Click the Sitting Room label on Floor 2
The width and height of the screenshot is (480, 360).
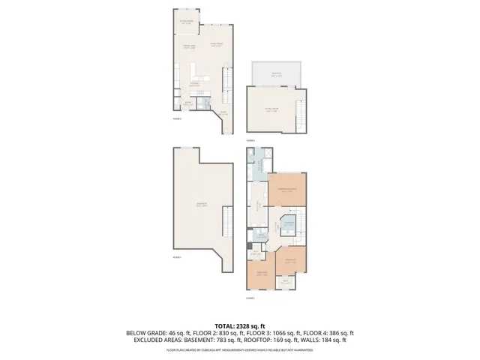pos(186,22)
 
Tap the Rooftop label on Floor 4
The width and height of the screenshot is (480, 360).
pos(276,74)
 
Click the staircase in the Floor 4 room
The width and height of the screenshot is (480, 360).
pos(301,112)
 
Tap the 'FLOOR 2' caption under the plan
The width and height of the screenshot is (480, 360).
pos(177,118)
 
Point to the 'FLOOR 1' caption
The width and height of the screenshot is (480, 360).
pos(177,256)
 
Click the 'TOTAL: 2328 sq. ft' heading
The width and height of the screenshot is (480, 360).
pos(240,325)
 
